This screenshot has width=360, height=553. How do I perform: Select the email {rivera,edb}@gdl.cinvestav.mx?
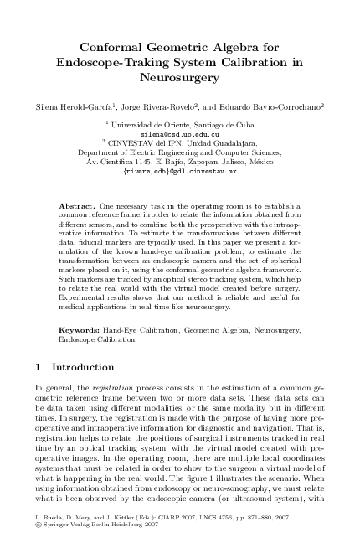[x=180, y=171]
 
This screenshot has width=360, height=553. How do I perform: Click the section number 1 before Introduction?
[x=39, y=367]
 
